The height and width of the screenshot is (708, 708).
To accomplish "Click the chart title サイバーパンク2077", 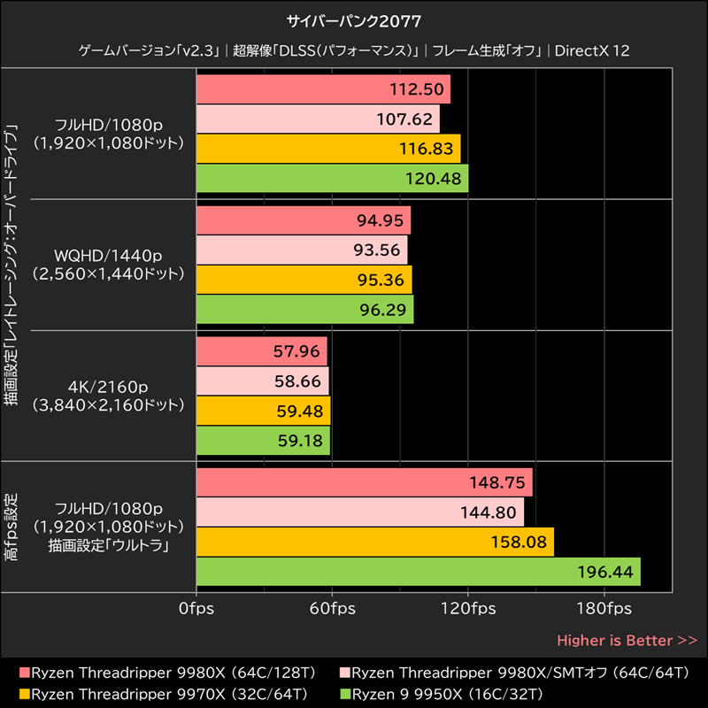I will pyautogui.click(x=353, y=20).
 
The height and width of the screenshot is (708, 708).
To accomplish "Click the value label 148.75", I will pyautogui.click(x=500, y=484).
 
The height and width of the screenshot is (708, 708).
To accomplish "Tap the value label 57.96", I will pyautogui.click(x=296, y=351).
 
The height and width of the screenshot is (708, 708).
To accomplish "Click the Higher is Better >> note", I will pyautogui.click(x=627, y=640).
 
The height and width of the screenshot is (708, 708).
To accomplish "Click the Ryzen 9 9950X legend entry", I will pyautogui.click(x=448, y=693).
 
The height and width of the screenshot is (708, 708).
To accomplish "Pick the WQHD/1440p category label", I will pyautogui.click(x=108, y=256).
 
